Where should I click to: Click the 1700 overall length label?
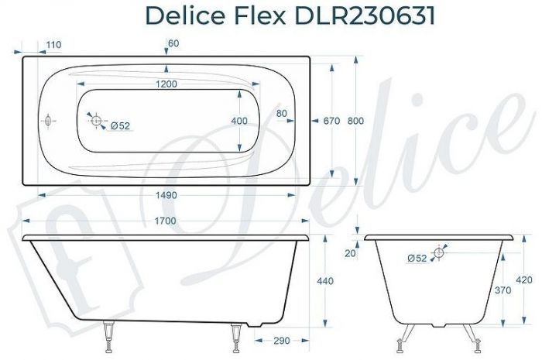coord(164,221)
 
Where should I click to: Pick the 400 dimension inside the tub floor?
coord(240,121)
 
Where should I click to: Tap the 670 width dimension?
coord(332,121)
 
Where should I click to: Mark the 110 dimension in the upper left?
coord(53,45)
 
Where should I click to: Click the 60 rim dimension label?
coord(173,43)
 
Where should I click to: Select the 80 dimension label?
coord(281,114)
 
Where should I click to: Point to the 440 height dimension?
coord(325,281)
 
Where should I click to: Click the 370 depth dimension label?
coord(501,290)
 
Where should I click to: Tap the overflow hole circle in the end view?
coord(439,252)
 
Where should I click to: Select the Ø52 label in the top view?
coord(119,126)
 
